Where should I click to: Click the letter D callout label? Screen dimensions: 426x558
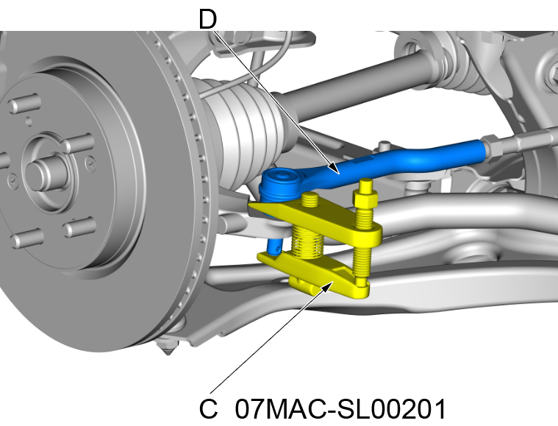click(208, 18)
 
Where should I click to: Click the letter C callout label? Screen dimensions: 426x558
click(209, 408)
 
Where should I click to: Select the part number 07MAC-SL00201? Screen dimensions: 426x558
click(341, 408)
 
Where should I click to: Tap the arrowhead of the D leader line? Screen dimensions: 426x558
click(337, 172)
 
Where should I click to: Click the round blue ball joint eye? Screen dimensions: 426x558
click(279, 182)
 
